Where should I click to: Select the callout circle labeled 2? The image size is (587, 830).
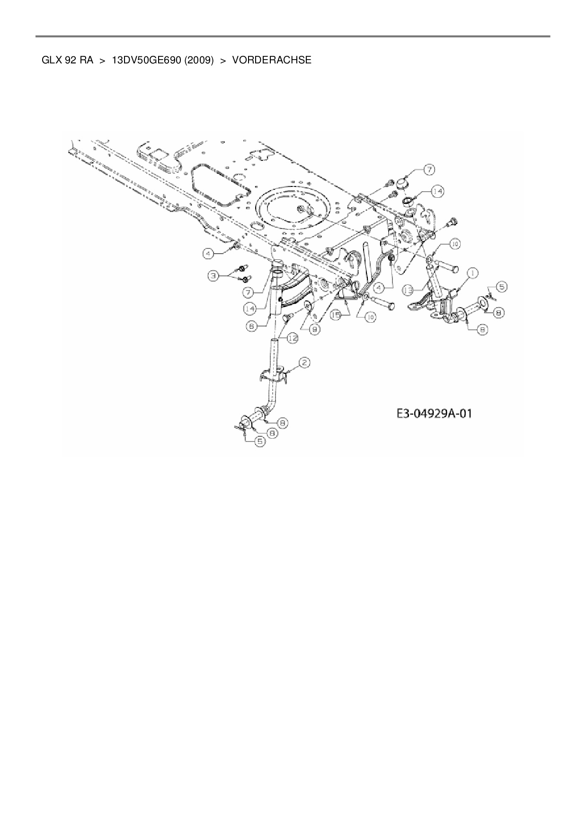(304, 363)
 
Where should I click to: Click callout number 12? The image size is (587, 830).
(293, 337)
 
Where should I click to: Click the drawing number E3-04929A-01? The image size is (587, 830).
(434, 414)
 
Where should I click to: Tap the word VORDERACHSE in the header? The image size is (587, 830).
(272, 60)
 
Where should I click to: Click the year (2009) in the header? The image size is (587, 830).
(199, 60)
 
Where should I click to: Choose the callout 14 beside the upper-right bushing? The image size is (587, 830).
(437, 192)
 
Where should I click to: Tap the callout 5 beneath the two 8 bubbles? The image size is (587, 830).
(260, 441)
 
